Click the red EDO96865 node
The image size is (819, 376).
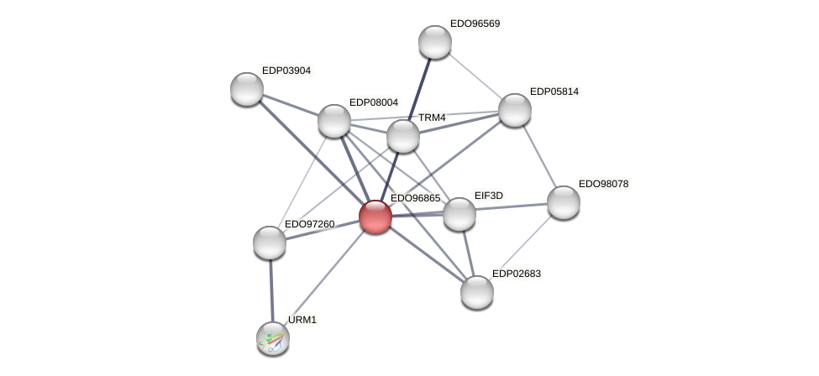click(x=375, y=217)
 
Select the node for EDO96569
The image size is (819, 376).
click(x=435, y=42)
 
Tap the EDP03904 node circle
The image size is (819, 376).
click(x=247, y=89)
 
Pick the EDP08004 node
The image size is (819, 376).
click(x=334, y=121)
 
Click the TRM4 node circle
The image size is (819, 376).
click(x=403, y=136)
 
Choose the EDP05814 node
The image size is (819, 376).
click(x=515, y=110)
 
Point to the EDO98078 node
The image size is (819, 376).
click(x=564, y=202)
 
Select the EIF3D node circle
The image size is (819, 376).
click(x=459, y=214)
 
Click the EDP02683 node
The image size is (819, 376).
click(x=477, y=292)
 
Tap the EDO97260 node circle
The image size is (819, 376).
click(x=270, y=243)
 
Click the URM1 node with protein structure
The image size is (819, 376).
click(x=273, y=338)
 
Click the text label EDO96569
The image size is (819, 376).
click(x=475, y=23)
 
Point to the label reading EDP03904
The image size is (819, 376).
click(x=286, y=70)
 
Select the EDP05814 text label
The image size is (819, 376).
click(x=554, y=91)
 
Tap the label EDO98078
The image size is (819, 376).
click(x=603, y=184)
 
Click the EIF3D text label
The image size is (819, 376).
click(x=488, y=196)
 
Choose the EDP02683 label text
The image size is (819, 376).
click(x=517, y=274)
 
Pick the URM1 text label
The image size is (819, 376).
click(x=302, y=320)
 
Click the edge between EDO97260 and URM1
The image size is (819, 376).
click(x=271, y=290)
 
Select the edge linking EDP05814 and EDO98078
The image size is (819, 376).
click(x=539, y=156)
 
